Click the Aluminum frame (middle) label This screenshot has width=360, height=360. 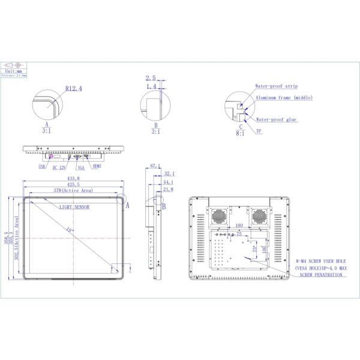[x=284, y=98]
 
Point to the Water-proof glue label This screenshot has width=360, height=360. [x=276, y=119]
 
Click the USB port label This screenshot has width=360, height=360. [x=41, y=167]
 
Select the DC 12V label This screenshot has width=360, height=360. [x=59, y=167]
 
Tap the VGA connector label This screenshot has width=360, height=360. [x=80, y=167]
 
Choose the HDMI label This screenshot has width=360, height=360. [x=97, y=167]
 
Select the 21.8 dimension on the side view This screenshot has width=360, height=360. [x=169, y=190]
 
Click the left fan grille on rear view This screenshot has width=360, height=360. [x=218, y=214]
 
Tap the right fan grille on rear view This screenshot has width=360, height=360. [x=261, y=214]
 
